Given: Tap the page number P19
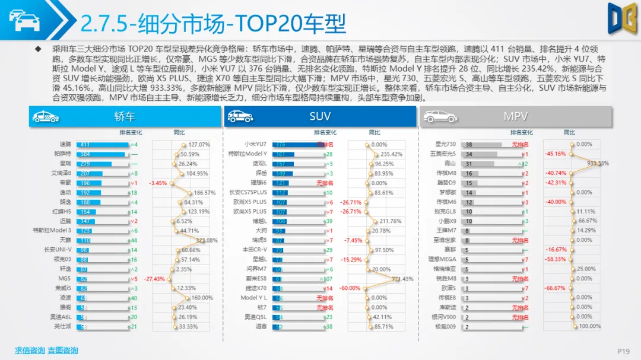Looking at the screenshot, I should (623, 351).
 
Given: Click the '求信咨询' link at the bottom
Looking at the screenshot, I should (30, 350).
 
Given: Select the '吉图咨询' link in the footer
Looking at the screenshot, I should (63, 350).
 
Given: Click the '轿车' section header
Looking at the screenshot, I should (125, 117).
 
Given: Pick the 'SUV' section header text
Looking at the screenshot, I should (320, 117).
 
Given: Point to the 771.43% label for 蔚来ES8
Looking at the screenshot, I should (402, 279).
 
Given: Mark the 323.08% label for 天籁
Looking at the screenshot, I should (207, 240).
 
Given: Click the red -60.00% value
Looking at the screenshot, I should (351, 288).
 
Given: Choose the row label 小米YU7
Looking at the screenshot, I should (255, 144).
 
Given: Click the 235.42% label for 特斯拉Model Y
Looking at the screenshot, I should (391, 154).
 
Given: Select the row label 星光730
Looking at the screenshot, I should (445, 144).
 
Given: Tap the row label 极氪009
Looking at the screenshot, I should (445, 327).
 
